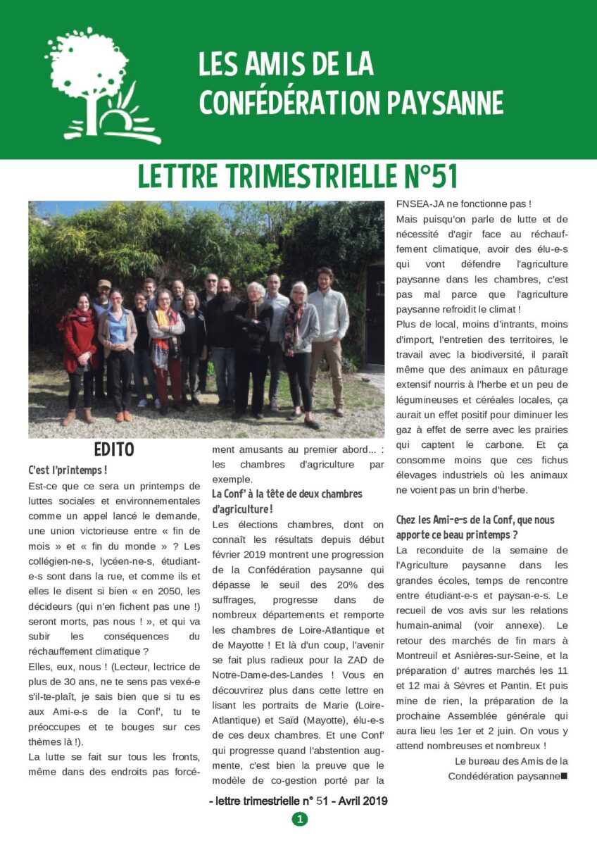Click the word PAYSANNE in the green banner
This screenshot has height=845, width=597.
click(446, 103)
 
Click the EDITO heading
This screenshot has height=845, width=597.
click(113, 449)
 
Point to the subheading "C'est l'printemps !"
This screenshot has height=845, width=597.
click(68, 470)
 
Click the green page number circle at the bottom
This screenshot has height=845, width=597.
click(299, 819)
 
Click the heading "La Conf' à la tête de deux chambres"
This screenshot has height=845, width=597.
click(287, 494)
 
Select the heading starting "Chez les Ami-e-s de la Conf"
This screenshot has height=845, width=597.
click(475, 520)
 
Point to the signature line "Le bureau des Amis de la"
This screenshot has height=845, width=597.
click(511, 760)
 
